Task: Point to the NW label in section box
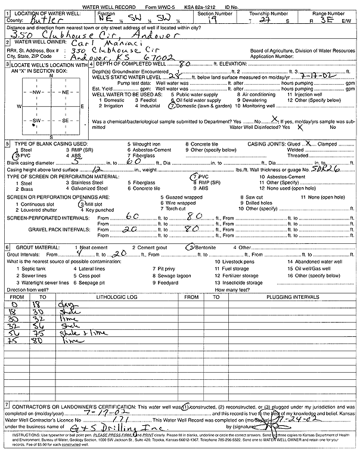tap(36, 92)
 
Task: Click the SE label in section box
tap(65, 120)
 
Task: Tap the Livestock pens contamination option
tap(236, 261)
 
